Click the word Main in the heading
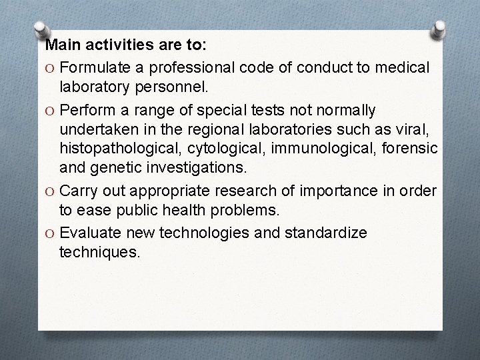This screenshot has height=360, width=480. coord(61,46)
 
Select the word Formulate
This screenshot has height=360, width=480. coord(103,67)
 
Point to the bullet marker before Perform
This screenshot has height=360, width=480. coord(50,109)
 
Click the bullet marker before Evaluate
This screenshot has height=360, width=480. coord(50,233)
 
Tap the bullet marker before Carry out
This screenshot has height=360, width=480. coord(50,192)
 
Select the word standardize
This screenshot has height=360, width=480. coord(329,233)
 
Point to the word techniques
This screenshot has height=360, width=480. coord(100,253)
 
